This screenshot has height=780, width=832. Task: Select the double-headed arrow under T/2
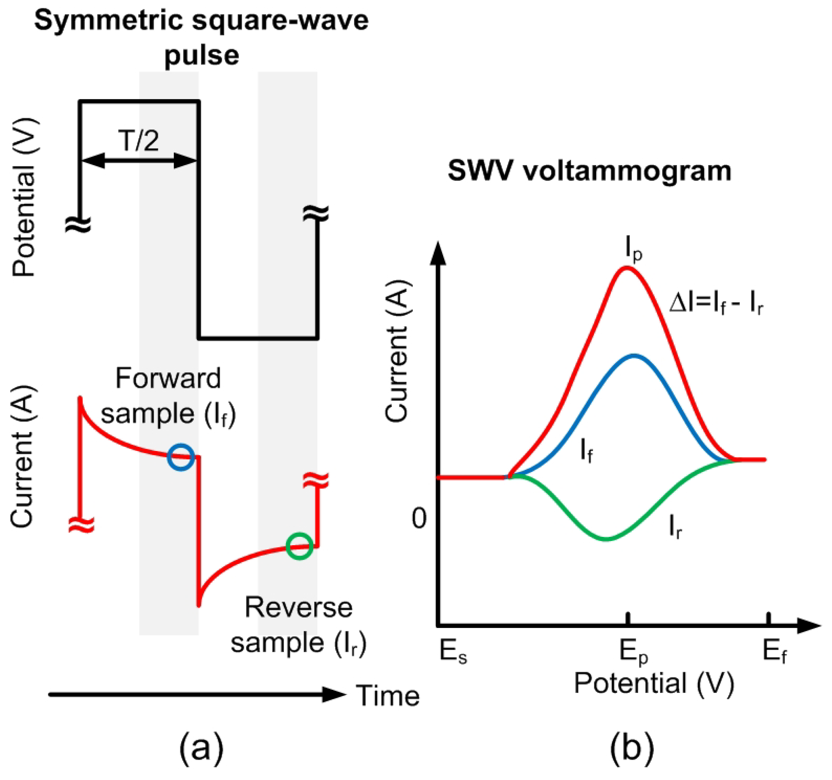139,160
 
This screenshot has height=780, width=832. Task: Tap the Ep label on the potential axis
633,652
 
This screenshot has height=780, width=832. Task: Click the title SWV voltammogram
589,171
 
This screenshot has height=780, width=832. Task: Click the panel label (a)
201,749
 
